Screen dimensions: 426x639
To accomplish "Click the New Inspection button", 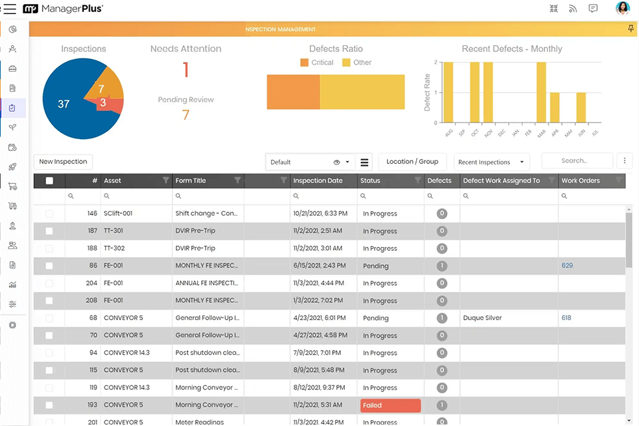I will click(x=63, y=162).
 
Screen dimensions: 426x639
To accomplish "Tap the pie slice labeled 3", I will click(x=106, y=103).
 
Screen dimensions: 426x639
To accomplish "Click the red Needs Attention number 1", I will click(x=186, y=70).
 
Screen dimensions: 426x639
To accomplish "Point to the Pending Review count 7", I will click(x=186, y=115).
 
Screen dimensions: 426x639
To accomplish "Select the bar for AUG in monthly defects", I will click(x=449, y=92).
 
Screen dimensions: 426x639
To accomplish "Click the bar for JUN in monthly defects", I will click(x=581, y=107).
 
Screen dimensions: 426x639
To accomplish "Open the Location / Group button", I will click(x=412, y=162).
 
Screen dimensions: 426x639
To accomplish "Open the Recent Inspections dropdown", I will click(x=492, y=162).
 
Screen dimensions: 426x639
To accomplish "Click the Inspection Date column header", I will click(x=318, y=180).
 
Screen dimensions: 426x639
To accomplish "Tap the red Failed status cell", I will click(x=390, y=405).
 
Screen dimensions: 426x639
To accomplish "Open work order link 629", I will click(x=567, y=266).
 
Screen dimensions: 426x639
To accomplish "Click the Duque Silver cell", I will click(x=483, y=318).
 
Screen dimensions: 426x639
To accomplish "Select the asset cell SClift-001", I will click(x=118, y=214).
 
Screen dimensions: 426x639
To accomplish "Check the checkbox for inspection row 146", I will click(x=49, y=214).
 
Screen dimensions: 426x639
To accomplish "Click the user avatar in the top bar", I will click(x=622, y=9).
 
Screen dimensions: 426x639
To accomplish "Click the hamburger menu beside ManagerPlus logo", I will click(x=10, y=9).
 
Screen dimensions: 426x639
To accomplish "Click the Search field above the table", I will click(x=576, y=161).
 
